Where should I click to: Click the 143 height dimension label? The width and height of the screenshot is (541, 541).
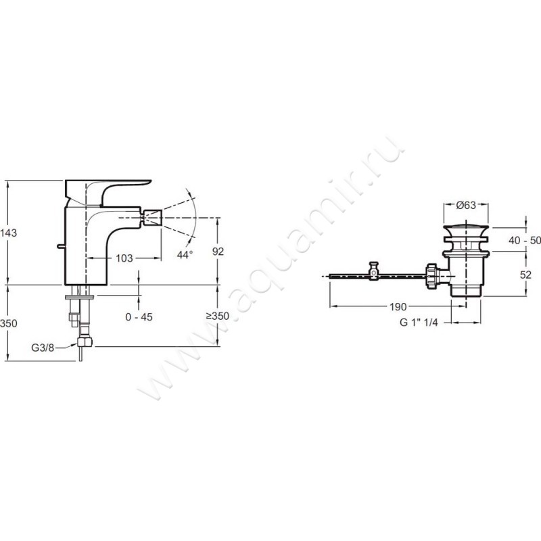[8, 233]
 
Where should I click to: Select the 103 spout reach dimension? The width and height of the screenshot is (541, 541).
[124, 258]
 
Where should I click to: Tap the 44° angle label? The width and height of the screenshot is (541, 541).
[185, 255]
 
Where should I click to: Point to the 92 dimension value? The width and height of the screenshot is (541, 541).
[218, 252]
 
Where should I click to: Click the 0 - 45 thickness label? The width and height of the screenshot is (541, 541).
[139, 316]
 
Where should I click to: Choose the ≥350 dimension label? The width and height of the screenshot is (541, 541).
[218, 316]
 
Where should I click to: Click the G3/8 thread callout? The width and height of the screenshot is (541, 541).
[43, 348]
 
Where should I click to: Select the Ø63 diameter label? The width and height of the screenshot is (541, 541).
[466, 205]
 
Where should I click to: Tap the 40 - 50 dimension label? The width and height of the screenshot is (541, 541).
[525, 241]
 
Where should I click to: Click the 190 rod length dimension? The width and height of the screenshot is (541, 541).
[398, 306]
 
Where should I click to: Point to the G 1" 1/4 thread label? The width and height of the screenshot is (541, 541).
[419, 323]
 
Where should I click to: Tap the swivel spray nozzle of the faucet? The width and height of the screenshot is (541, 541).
[153, 218]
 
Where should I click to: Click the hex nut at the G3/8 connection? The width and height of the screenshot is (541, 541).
[85, 342]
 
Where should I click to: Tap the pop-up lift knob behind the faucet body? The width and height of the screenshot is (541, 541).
[61, 246]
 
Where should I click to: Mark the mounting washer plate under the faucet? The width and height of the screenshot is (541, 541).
[79, 297]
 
